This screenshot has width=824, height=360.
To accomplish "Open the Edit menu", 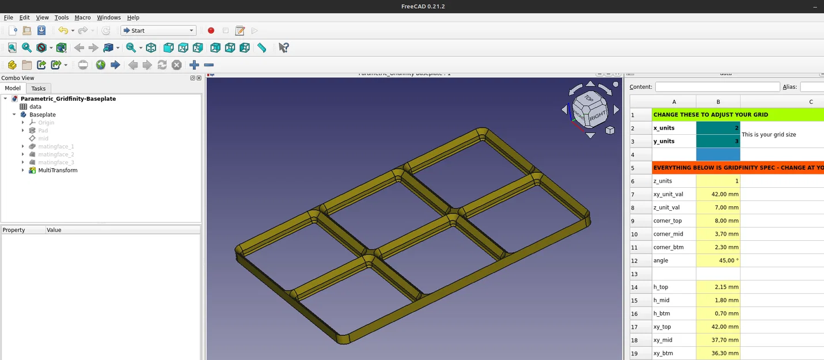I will pyautogui.click(x=24, y=18).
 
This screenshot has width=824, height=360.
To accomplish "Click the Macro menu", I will pyautogui.click(x=82, y=18).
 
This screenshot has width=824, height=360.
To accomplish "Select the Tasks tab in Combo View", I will pyautogui.click(x=39, y=88).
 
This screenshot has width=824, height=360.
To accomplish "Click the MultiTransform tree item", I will pyautogui.click(x=58, y=170).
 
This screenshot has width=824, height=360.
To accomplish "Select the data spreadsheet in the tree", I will pyautogui.click(x=35, y=107).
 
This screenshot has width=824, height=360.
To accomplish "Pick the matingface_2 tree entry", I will pyautogui.click(x=56, y=154).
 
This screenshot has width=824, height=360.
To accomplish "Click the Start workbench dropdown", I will pyautogui.click(x=158, y=31).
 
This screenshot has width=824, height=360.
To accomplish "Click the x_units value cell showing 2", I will pyautogui.click(x=718, y=128).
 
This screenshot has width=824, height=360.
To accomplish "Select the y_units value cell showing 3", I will pyautogui.click(x=718, y=141).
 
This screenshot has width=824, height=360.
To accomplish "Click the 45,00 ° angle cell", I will pyautogui.click(x=718, y=260).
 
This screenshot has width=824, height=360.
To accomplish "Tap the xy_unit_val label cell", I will pyautogui.click(x=674, y=194).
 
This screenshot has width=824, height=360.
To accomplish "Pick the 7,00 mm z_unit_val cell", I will pyautogui.click(x=718, y=207).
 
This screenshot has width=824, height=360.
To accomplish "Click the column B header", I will pyautogui.click(x=718, y=102).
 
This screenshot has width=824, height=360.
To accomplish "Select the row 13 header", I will pyautogui.click(x=641, y=274).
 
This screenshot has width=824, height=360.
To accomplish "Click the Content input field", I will pyautogui.click(x=716, y=87).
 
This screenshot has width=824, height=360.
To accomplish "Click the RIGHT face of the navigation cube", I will pyautogui.click(x=597, y=115).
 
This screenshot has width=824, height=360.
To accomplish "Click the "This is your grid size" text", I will pyautogui.click(x=769, y=134).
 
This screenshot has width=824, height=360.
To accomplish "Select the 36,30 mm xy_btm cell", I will pyautogui.click(x=718, y=353).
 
